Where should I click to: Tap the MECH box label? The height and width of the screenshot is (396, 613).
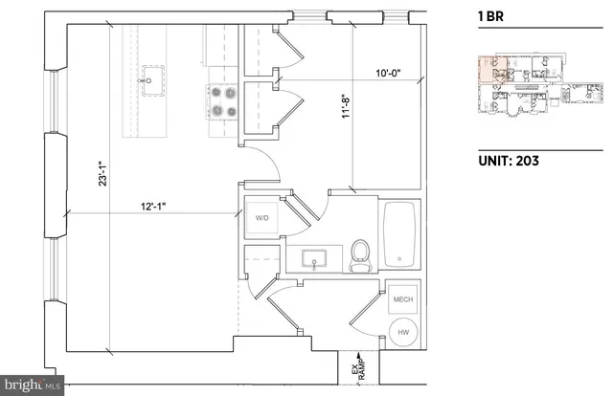402,299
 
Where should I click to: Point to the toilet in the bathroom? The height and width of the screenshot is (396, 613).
360,255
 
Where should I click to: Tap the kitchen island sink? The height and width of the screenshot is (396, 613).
148,77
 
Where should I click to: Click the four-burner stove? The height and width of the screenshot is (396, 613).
221,101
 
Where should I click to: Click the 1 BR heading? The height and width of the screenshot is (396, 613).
490,16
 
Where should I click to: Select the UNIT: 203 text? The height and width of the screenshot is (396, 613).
508,161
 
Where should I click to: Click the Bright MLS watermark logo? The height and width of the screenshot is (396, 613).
31,385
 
